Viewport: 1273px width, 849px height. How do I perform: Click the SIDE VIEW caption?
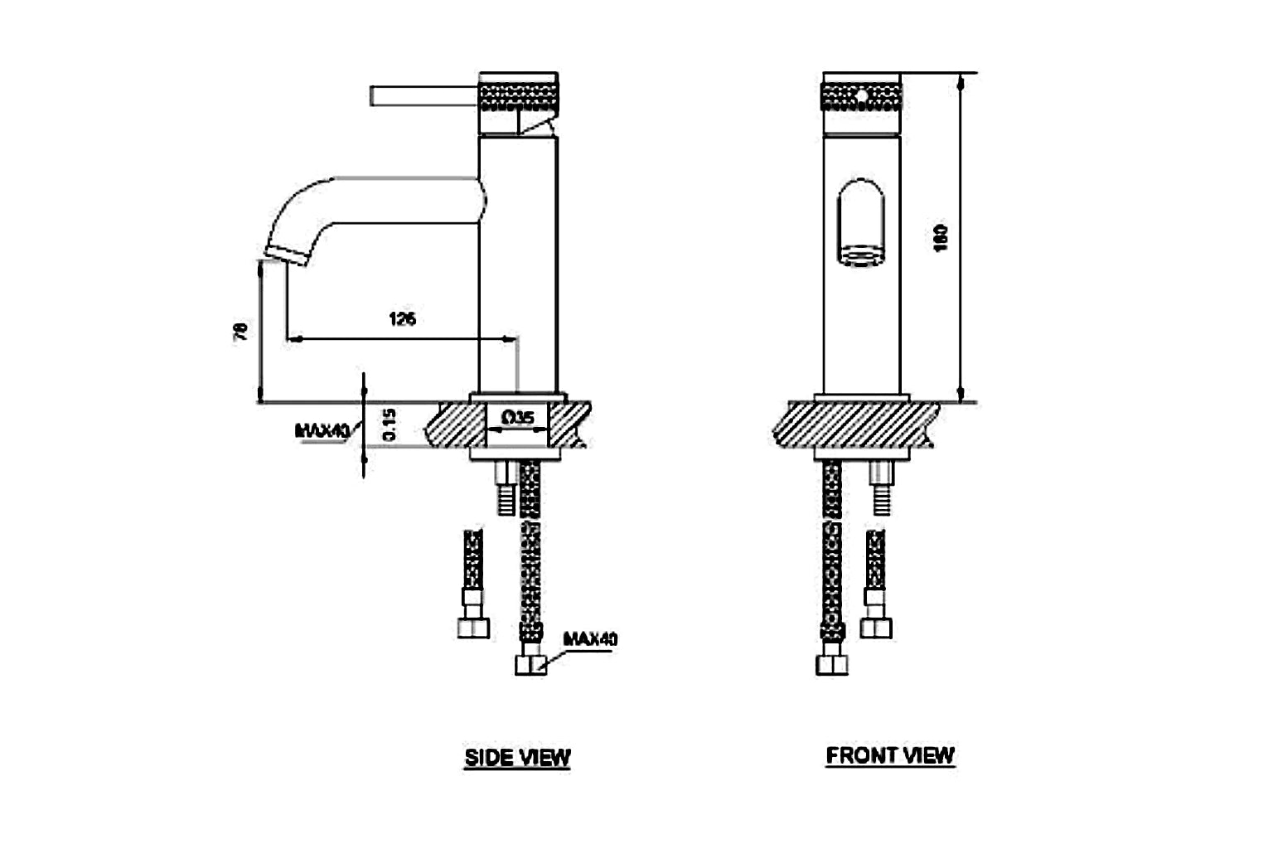pos(517,757)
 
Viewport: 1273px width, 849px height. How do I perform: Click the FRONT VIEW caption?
pos(890,755)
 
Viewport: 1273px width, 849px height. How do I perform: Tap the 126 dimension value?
pos(402,318)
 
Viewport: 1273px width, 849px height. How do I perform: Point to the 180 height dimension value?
pos(940,238)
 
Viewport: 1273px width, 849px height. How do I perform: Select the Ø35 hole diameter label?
pos(518,418)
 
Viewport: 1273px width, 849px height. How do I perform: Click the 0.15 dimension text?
pos(390,424)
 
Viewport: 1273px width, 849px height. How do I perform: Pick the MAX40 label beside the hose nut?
pos(590,639)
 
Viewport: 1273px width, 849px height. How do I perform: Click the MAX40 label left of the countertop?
pos(322,430)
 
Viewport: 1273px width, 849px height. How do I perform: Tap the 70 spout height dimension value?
pos(241,332)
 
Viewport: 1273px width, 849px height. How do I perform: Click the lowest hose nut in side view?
pos(530,664)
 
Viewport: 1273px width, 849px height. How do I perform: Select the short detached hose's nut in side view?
pos(473,627)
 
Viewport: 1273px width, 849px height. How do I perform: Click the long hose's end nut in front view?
pos(832,664)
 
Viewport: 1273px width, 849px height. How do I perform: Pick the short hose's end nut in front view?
pos(876,626)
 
